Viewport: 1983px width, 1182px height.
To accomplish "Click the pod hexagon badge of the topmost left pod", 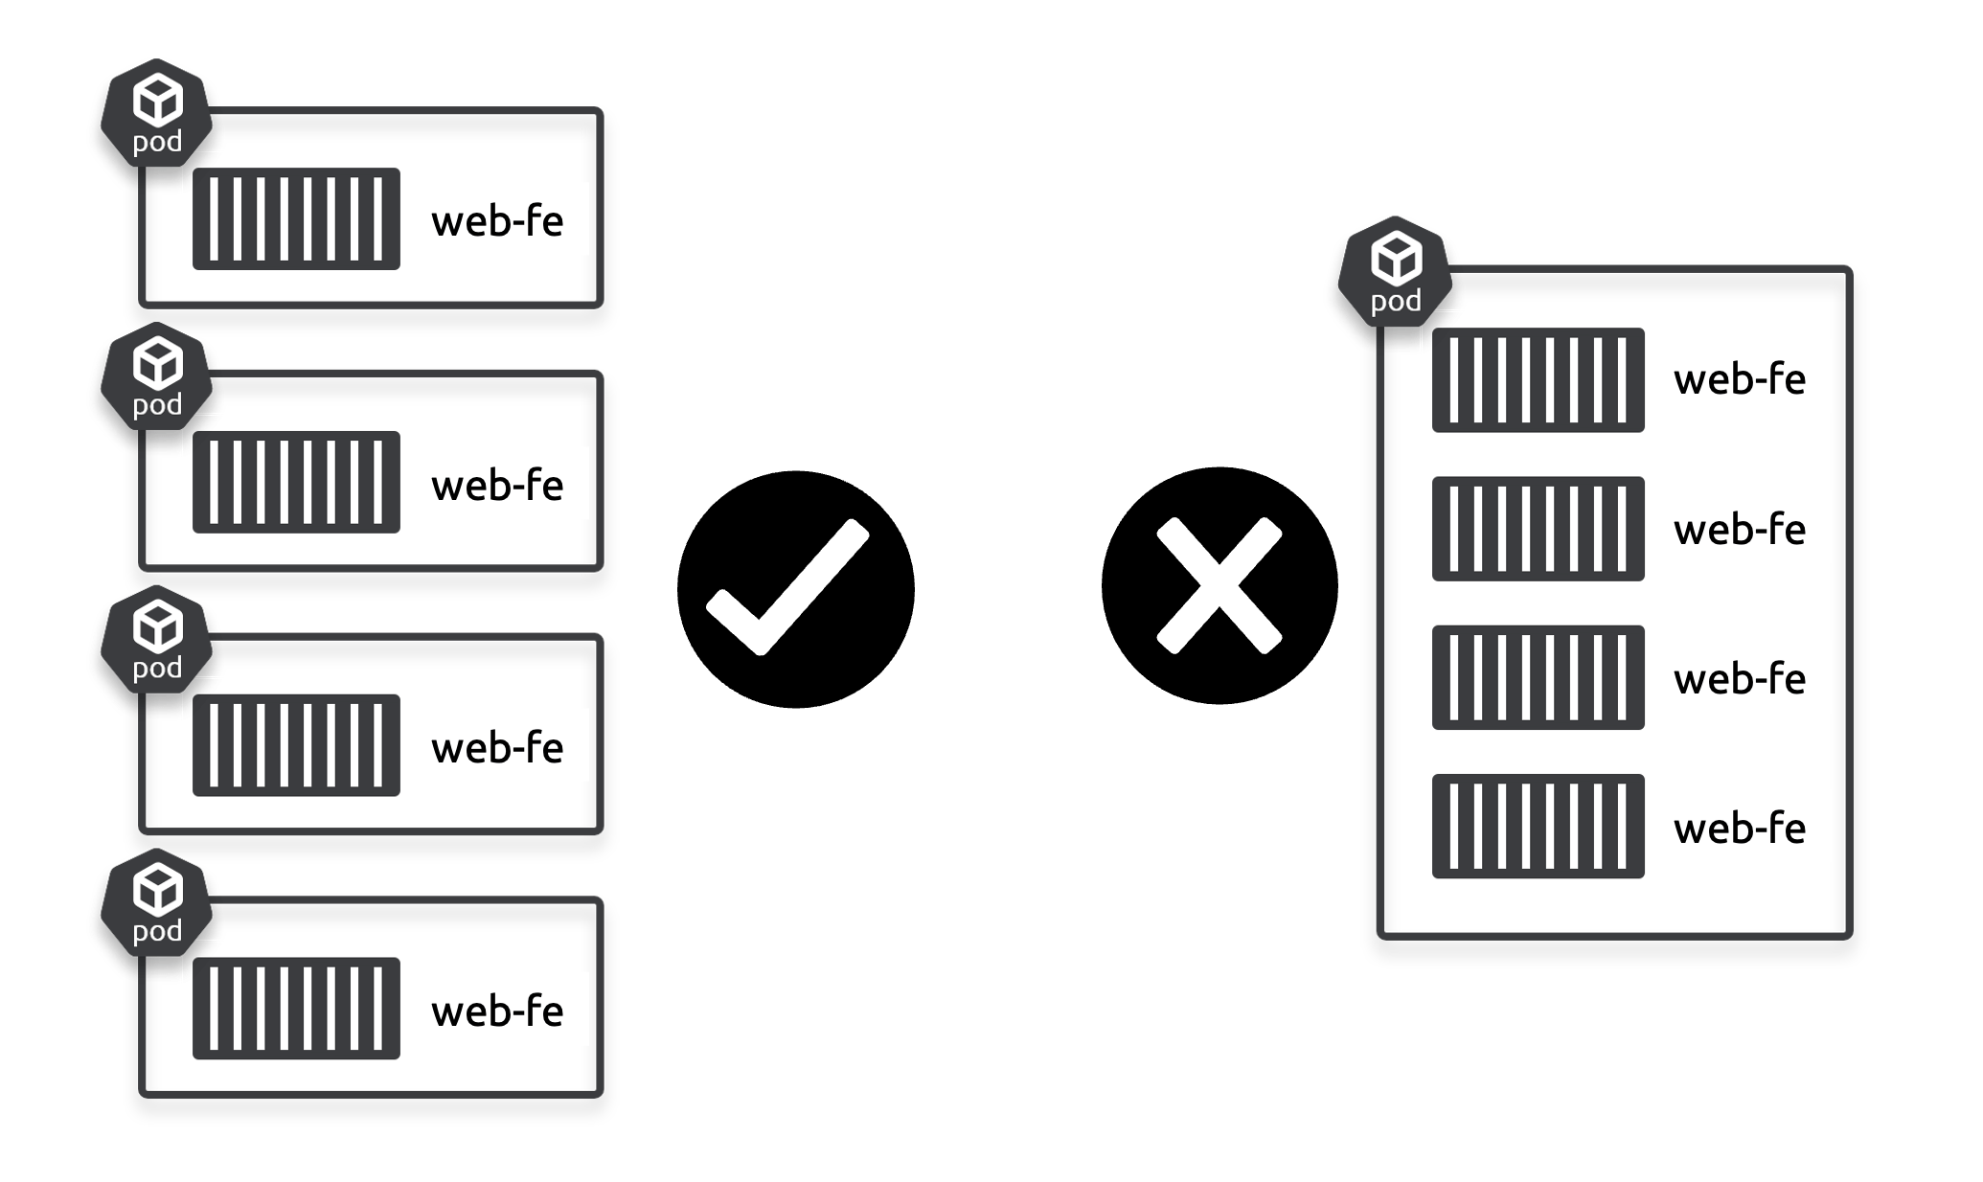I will point(157,113).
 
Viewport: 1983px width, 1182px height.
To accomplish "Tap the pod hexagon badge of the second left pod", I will point(157,376).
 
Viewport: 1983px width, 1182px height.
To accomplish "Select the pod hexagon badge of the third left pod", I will point(157,640).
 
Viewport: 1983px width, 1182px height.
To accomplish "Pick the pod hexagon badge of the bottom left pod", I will point(157,902).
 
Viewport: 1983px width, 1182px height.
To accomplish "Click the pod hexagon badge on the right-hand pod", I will point(1395,272).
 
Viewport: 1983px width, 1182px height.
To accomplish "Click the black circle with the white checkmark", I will point(795,589).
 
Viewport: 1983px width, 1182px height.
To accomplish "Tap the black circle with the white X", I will point(1219,586).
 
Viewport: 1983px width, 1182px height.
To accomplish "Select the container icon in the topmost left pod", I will point(296,219).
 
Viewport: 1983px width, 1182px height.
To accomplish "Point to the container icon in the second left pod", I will point(296,482).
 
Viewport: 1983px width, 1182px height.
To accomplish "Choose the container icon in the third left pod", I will point(296,745).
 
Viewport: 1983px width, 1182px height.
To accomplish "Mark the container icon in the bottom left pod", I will point(296,1009).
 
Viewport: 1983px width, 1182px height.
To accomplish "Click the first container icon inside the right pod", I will point(1538,380).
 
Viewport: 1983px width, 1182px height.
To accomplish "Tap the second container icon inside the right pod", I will point(1538,529).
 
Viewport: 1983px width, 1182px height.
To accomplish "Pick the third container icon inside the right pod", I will point(1538,677).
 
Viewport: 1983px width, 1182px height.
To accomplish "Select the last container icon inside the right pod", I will point(1538,827).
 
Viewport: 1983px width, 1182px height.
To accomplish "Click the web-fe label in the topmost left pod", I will point(497,221).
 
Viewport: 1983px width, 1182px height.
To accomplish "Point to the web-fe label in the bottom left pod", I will point(497,1012).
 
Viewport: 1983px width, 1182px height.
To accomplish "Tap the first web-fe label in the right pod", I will point(1739,380).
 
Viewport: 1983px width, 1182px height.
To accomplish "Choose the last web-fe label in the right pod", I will point(1739,829).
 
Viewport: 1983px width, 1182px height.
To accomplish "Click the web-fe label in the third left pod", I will point(497,748).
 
